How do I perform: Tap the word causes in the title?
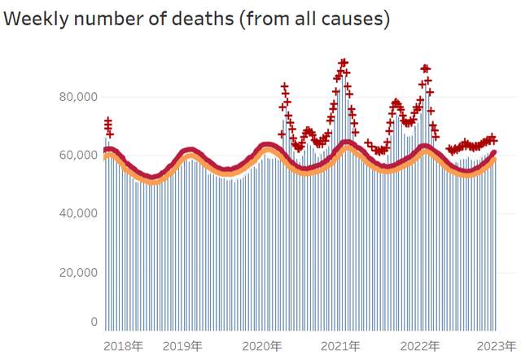pos(352,19)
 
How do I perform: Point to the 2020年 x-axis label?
pos(262,345)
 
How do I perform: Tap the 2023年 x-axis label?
pos(497,345)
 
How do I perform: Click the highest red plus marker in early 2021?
pos(344,62)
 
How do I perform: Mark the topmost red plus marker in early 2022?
pos(425,68)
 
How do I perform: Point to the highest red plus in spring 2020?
pos(285,86)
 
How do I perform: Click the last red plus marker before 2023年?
pos(493,139)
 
